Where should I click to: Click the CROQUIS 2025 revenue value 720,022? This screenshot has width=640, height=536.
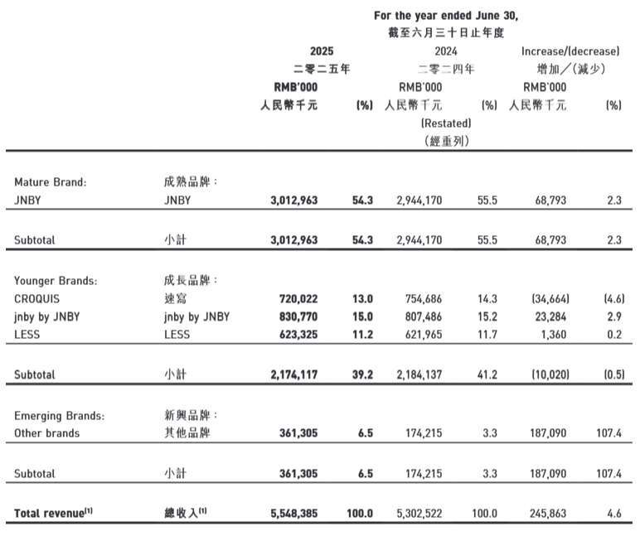(x=294, y=298)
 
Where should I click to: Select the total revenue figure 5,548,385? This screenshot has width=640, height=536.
(x=294, y=514)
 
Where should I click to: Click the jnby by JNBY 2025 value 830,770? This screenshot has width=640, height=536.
(x=294, y=316)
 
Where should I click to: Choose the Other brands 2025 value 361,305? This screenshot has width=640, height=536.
(x=294, y=433)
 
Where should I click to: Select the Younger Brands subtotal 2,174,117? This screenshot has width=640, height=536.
(x=294, y=374)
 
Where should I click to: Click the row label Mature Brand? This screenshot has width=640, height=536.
(x=51, y=182)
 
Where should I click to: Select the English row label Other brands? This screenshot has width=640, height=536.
(x=47, y=433)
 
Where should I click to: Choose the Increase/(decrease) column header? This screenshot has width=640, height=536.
(x=571, y=51)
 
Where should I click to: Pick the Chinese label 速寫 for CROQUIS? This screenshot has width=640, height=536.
(x=176, y=298)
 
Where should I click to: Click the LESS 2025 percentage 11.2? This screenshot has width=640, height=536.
(x=363, y=334)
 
